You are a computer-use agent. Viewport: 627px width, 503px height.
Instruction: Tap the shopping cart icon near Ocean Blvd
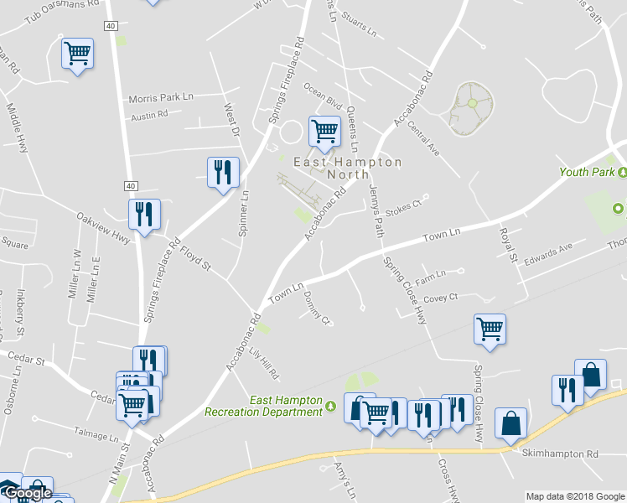click(x=324, y=131)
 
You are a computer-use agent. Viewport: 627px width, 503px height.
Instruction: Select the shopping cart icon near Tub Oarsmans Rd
click(x=78, y=54)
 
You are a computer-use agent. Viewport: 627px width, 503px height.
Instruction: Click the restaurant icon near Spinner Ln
click(x=223, y=172)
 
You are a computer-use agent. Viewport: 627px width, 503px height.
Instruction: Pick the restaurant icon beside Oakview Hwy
click(x=145, y=215)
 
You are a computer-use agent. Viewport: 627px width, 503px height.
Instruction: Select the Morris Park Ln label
click(x=161, y=98)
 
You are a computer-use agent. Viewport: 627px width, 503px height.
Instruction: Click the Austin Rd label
click(x=150, y=115)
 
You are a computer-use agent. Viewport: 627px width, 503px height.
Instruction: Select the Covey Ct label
click(x=441, y=297)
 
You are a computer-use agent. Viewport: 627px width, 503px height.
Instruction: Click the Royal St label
click(x=505, y=242)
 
